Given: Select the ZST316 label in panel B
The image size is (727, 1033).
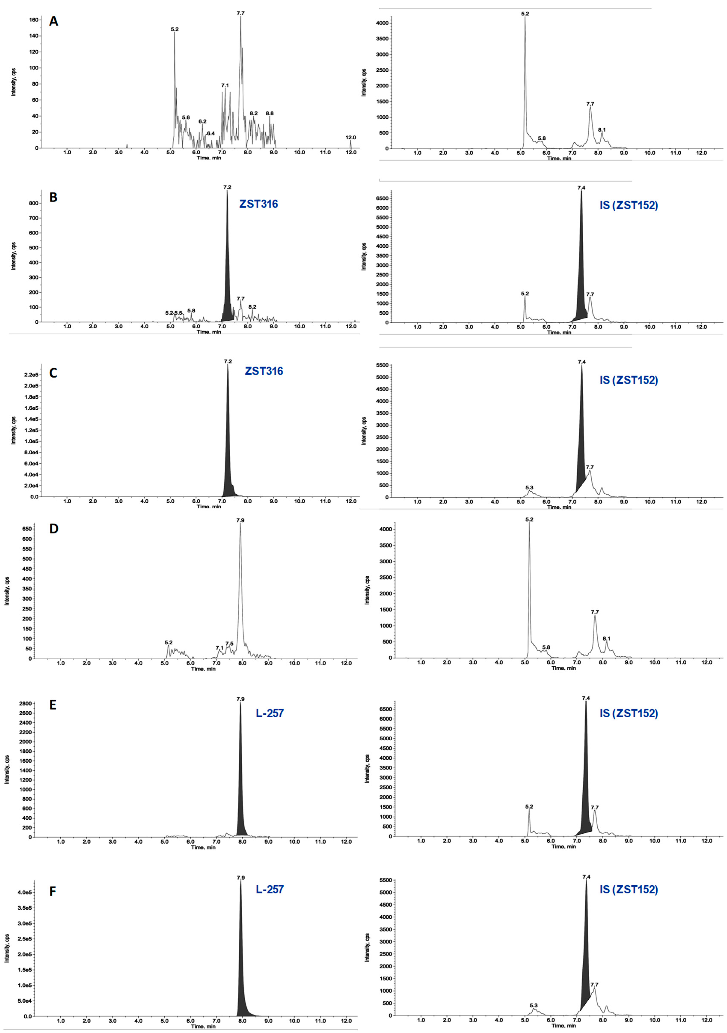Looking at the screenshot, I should point(258,204).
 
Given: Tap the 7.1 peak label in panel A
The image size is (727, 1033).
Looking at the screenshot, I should point(225,85).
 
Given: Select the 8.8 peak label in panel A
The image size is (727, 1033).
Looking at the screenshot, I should point(270,113).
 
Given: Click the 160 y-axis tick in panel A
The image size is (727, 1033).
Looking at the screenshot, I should point(33,20).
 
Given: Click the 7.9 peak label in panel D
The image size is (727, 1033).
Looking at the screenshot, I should point(240,520).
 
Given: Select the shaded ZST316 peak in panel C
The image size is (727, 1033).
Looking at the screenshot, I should point(228,450).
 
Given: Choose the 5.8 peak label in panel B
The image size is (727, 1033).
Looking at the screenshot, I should point(191,310).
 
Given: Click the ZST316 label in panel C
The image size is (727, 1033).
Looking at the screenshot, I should point(264,371).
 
